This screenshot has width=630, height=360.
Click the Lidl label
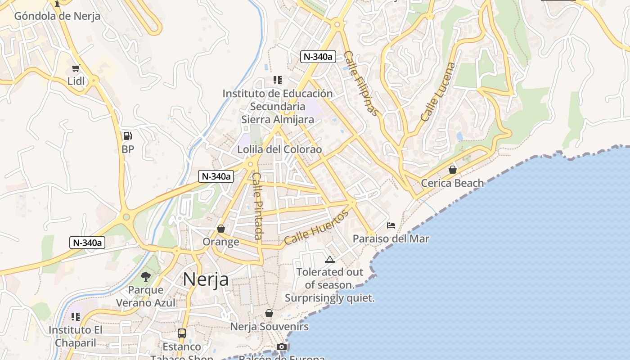[x=76, y=81]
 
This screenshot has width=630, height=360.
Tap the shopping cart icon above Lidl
[x=76, y=68]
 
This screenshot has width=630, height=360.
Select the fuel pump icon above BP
[x=127, y=136]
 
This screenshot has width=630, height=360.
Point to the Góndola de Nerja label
[x=57, y=16]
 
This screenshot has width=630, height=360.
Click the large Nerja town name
[x=205, y=279]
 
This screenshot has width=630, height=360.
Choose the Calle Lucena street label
[x=438, y=92]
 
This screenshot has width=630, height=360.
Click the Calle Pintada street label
[x=257, y=206]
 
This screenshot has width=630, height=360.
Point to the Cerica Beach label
[x=452, y=183]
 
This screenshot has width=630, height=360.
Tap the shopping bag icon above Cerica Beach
[x=453, y=170]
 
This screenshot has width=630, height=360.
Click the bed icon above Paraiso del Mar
[x=391, y=225]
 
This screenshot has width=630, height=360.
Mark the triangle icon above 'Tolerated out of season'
[x=330, y=259]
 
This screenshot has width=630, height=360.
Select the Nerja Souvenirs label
[x=270, y=326]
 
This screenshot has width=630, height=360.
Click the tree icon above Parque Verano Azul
[x=145, y=276]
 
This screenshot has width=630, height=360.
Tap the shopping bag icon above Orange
[x=221, y=229]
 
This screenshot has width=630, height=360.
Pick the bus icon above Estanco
[x=182, y=333]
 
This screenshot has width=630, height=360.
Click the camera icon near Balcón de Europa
[x=282, y=346]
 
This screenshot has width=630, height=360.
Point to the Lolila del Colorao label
[x=279, y=149]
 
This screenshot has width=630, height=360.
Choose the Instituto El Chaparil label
[x=76, y=336]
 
